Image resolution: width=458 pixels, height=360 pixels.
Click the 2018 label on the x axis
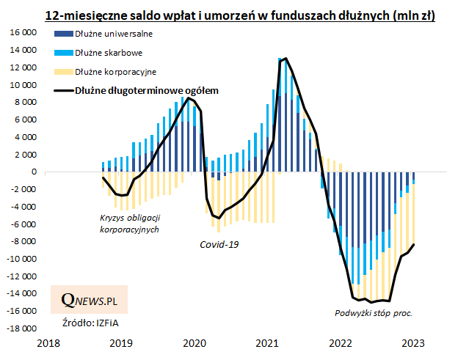48,343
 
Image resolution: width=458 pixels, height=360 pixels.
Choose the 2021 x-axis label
267,343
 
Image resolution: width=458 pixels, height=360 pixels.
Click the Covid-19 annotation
220,243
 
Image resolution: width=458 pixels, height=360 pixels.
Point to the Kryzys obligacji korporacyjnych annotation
129,224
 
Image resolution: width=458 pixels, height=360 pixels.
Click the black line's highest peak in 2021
285,59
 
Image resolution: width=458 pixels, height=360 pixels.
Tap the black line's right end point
415,245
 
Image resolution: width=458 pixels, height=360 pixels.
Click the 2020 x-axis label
195,343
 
